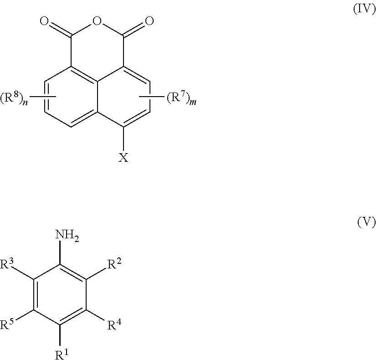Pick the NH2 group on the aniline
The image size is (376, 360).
67,236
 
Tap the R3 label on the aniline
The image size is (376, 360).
9,264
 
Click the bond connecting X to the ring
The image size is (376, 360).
124,139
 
